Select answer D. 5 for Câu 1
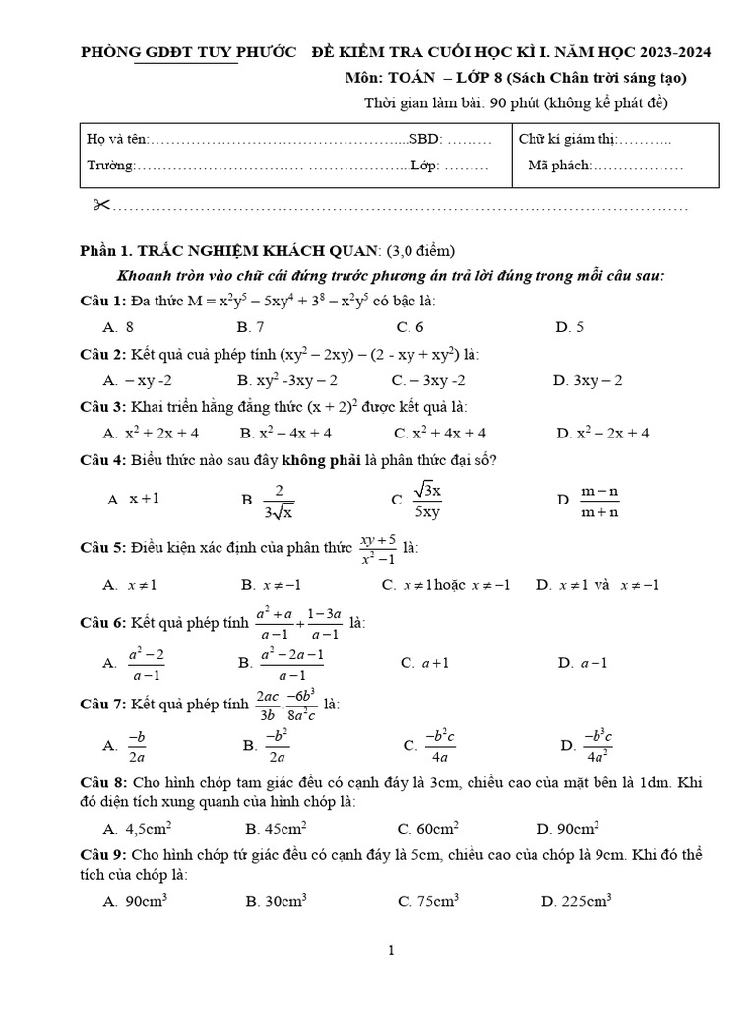point(570,327)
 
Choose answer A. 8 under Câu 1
point(118,327)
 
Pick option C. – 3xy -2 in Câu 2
point(428,380)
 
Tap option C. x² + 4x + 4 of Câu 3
point(440,433)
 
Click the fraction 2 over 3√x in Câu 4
point(279,500)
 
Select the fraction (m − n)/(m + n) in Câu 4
point(599,501)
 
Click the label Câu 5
point(100,546)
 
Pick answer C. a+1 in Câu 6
point(425,663)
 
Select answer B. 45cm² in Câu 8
point(276,829)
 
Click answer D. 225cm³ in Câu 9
point(577,901)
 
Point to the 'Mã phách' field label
point(558,166)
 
